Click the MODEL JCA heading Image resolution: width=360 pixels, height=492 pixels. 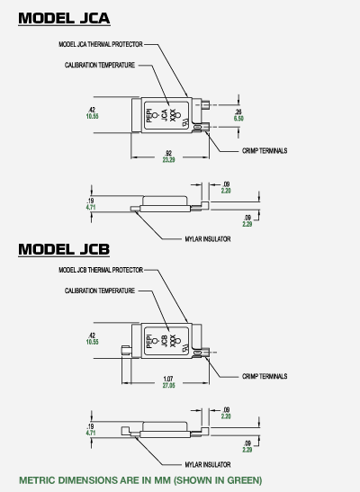64,18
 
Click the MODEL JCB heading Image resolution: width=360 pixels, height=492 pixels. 64,249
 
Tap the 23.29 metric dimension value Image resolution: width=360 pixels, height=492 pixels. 168,160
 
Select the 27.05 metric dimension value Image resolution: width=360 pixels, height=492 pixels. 168,385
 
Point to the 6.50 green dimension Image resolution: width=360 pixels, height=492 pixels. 238,119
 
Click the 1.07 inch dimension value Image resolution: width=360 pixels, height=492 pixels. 168,379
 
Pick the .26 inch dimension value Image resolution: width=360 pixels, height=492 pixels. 238,112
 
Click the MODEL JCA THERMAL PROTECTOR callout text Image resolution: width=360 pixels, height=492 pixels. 101,44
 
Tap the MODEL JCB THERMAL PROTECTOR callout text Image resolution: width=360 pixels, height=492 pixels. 101,270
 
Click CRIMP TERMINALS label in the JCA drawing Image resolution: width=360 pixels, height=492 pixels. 265,151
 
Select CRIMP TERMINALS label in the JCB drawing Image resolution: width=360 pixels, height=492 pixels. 265,376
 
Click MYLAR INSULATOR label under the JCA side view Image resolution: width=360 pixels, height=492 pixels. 208,239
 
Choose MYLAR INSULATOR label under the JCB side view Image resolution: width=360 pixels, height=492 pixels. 208,464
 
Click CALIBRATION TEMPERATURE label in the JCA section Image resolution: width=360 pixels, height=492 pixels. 100,66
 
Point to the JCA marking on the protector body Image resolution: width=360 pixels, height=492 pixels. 164,115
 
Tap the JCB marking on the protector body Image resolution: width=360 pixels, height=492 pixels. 164,341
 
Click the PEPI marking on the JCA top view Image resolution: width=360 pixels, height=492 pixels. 149,115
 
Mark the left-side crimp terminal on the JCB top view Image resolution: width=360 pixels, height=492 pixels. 126,350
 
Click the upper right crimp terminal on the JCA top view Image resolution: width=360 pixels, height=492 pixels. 205,105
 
